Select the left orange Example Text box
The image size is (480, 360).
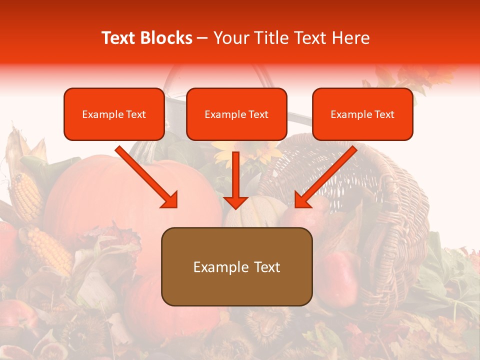[114, 114]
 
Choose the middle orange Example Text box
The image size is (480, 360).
[236, 114]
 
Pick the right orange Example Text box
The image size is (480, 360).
[362, 114]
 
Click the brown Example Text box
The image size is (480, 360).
[236, 267]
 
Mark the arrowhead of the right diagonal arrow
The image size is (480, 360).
[302, 200]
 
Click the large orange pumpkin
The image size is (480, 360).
[100, 195]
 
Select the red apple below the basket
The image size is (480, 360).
[340, 275]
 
